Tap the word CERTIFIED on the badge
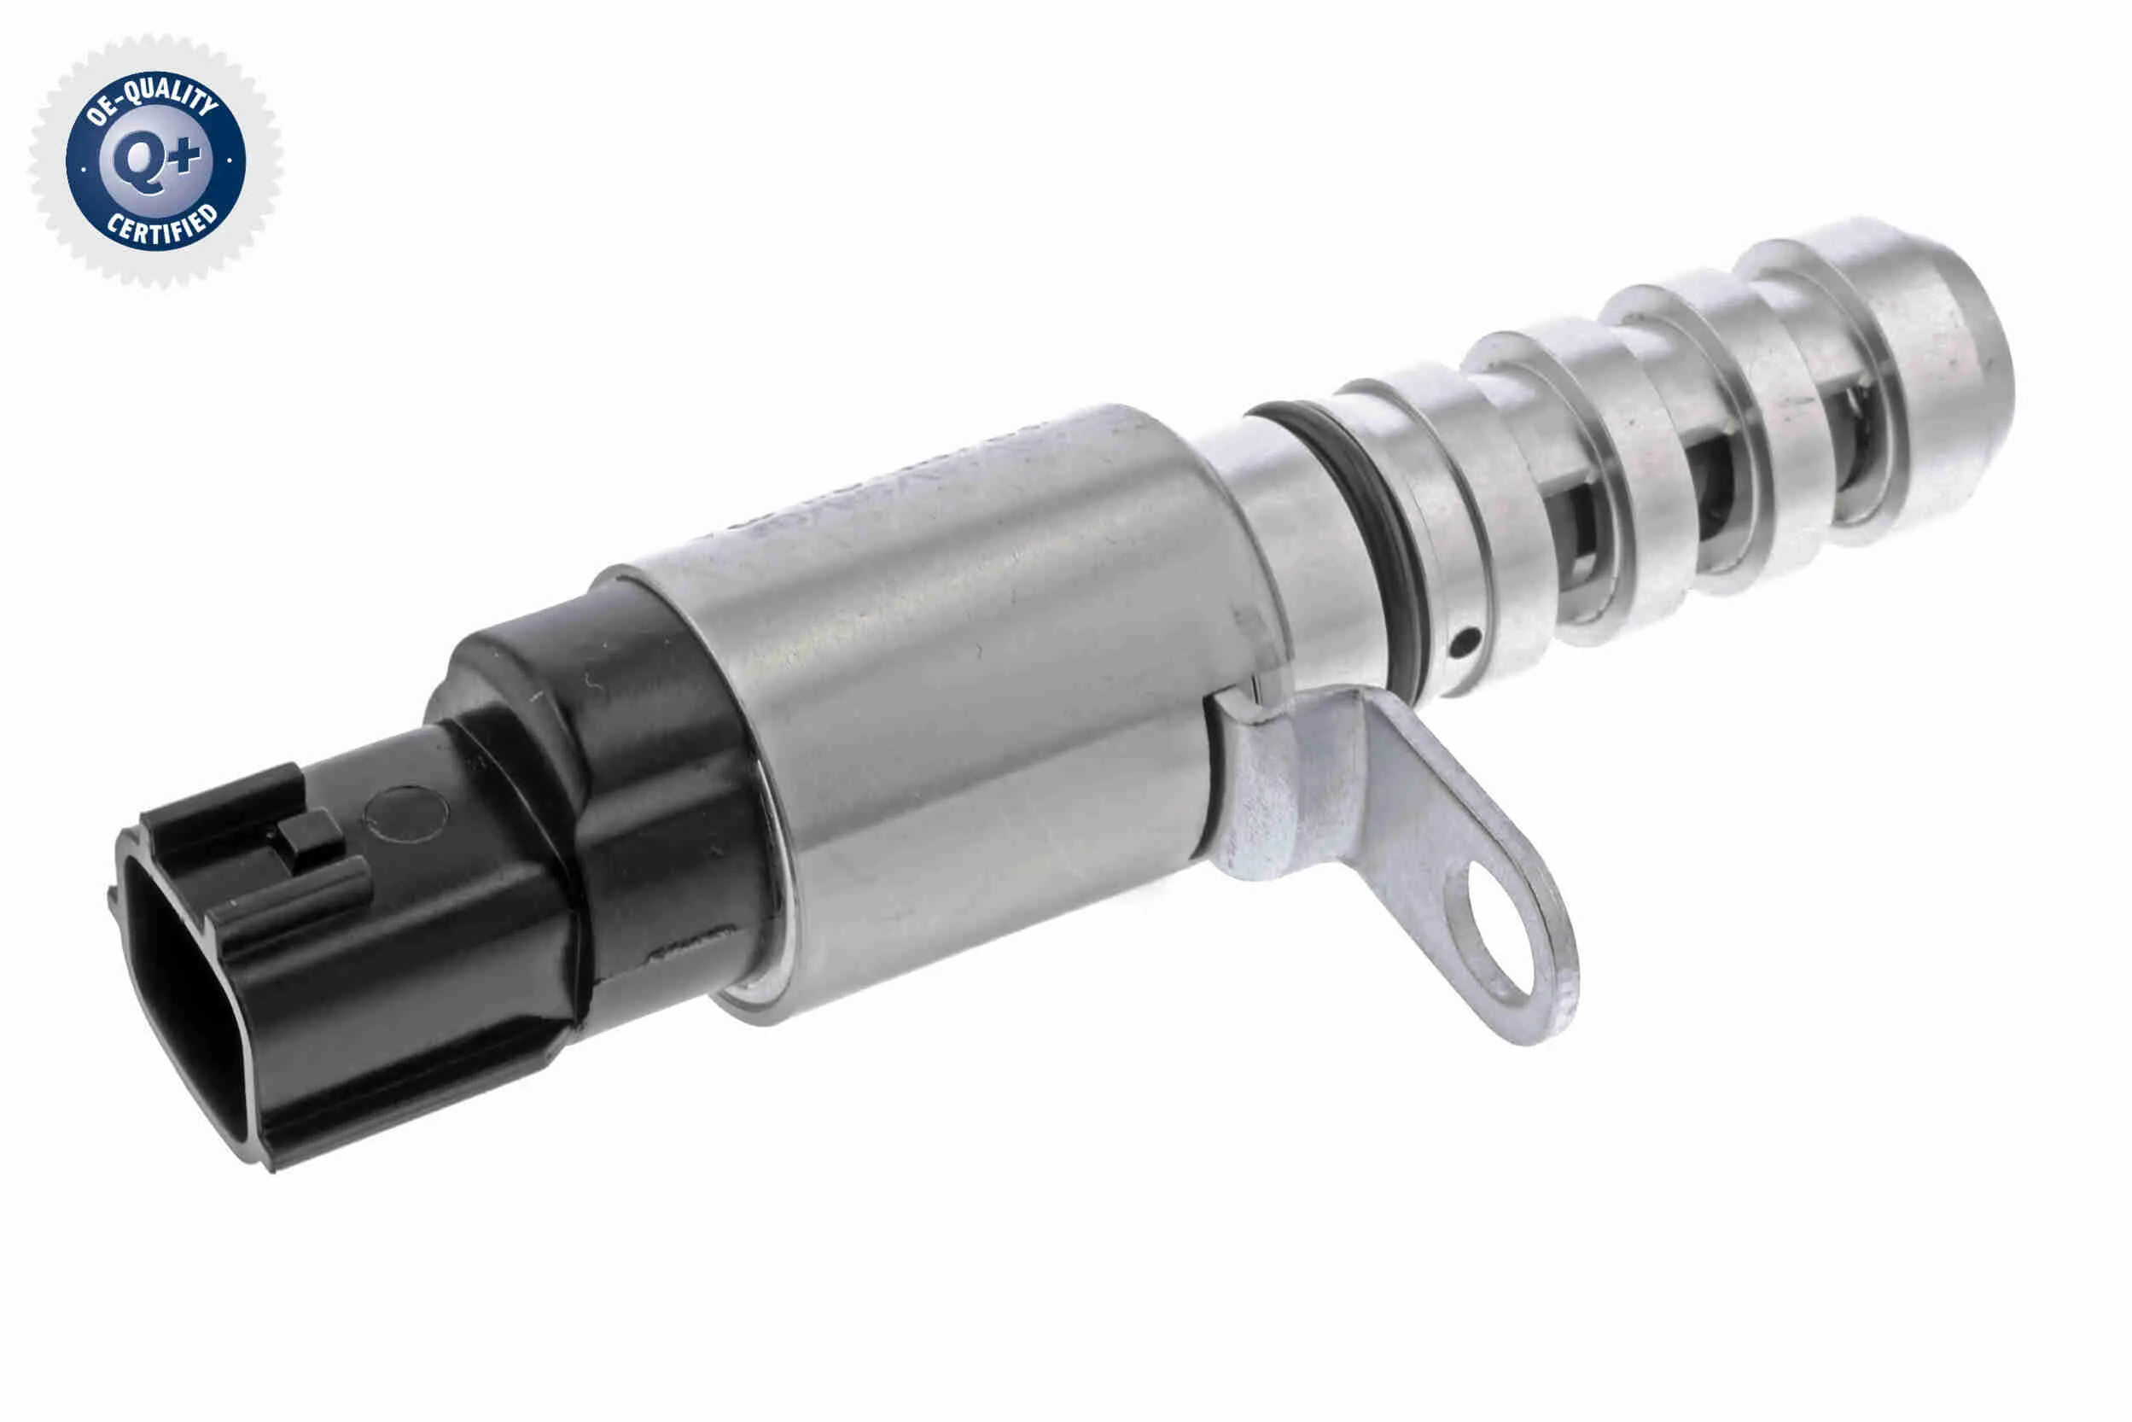163,226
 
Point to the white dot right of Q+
230,160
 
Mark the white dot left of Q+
84,168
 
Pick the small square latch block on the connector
310,838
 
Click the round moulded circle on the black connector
405,813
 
